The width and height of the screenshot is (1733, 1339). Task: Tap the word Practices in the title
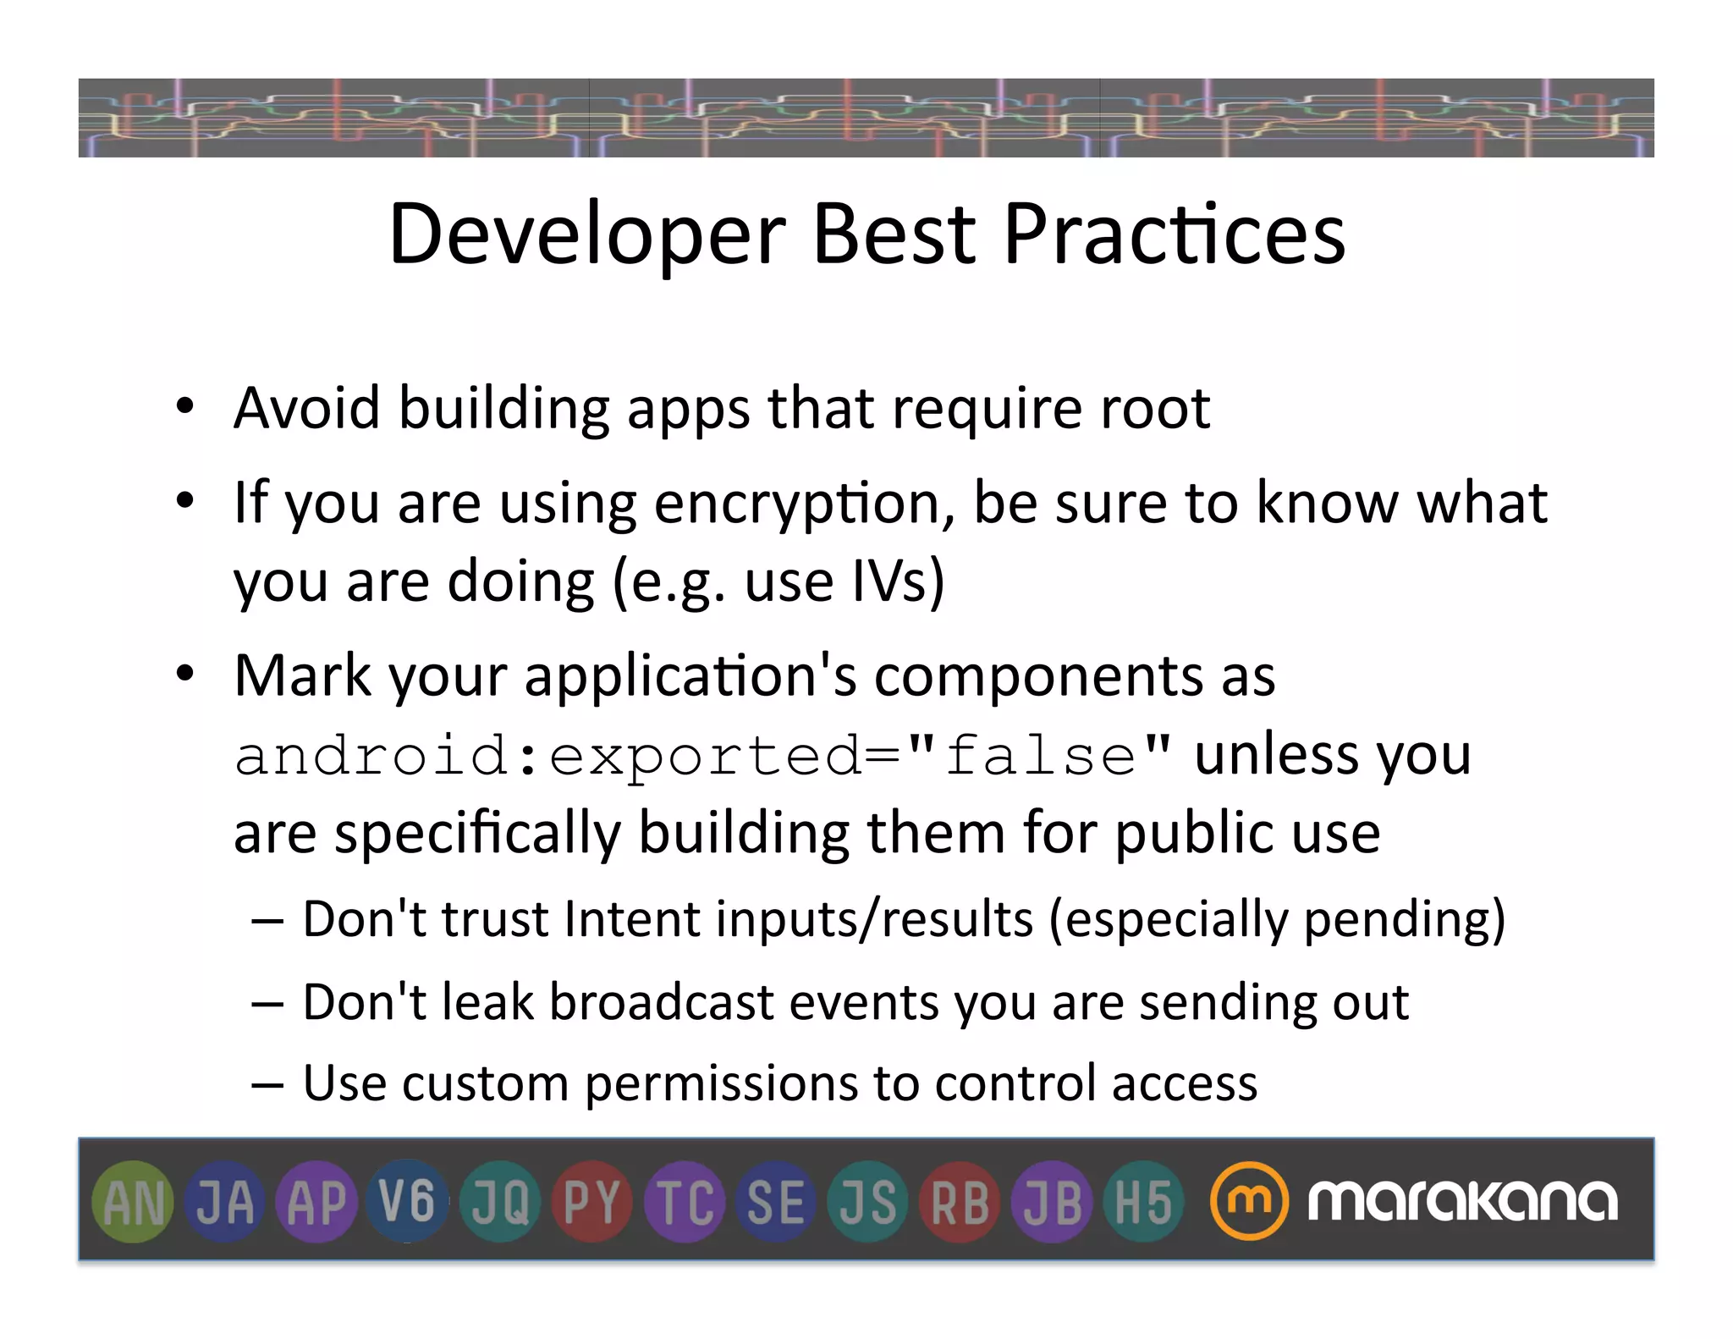pyautogui.click(x=1174, y=234)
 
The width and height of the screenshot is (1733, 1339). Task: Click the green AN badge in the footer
pyautogui.click(x=133, y=1202)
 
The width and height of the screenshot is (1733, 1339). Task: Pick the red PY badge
pyautogui.click(x=591, y=1202)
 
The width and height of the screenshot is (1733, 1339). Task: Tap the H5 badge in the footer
pyautogui.click(x=1143, y=1202)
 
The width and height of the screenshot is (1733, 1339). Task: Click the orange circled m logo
pyautogui.click(x=1249, y=1200)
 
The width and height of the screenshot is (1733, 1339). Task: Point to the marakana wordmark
pyautogui.click(x=1462, y=1200)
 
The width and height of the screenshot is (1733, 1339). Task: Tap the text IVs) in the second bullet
pyautogui.click(x=898, y=581)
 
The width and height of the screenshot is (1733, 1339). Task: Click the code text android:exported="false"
pyautogui.click(x=702, y=756)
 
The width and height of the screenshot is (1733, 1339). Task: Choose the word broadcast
pyautogui.click(x=662, y=1003)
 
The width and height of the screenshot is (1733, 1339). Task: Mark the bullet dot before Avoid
pyautogui.click(x=185, y=407)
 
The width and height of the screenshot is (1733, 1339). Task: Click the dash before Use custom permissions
pyautogui.click(x=267, y=1085)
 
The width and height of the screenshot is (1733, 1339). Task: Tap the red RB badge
pyautogui.click(x=960, y=1202)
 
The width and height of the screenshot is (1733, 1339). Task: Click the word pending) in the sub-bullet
pyautogui.click(x=1405, y=919)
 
